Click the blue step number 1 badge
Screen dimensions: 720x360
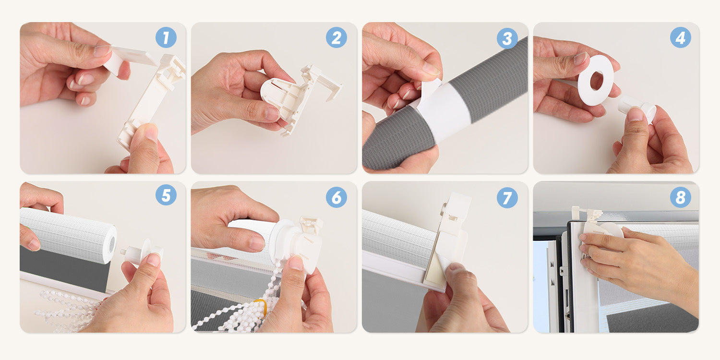[x=166, y=37]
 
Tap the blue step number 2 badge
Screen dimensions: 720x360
[x=336, y=37]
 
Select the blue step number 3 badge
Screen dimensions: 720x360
[x=507, y=38]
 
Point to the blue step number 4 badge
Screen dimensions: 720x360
[x=681, y=37]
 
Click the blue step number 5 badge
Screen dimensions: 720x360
[x=166, y=195]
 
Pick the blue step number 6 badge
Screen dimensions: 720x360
[x=336, y=197]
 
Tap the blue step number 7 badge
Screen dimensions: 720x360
[x=507, y=197]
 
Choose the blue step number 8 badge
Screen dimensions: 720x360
[x=681, y=197]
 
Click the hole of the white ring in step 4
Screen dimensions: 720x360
[x=597, y=81]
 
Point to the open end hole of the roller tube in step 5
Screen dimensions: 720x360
[x=112, y=244]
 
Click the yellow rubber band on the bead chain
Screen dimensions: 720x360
[x=261, y=304]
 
